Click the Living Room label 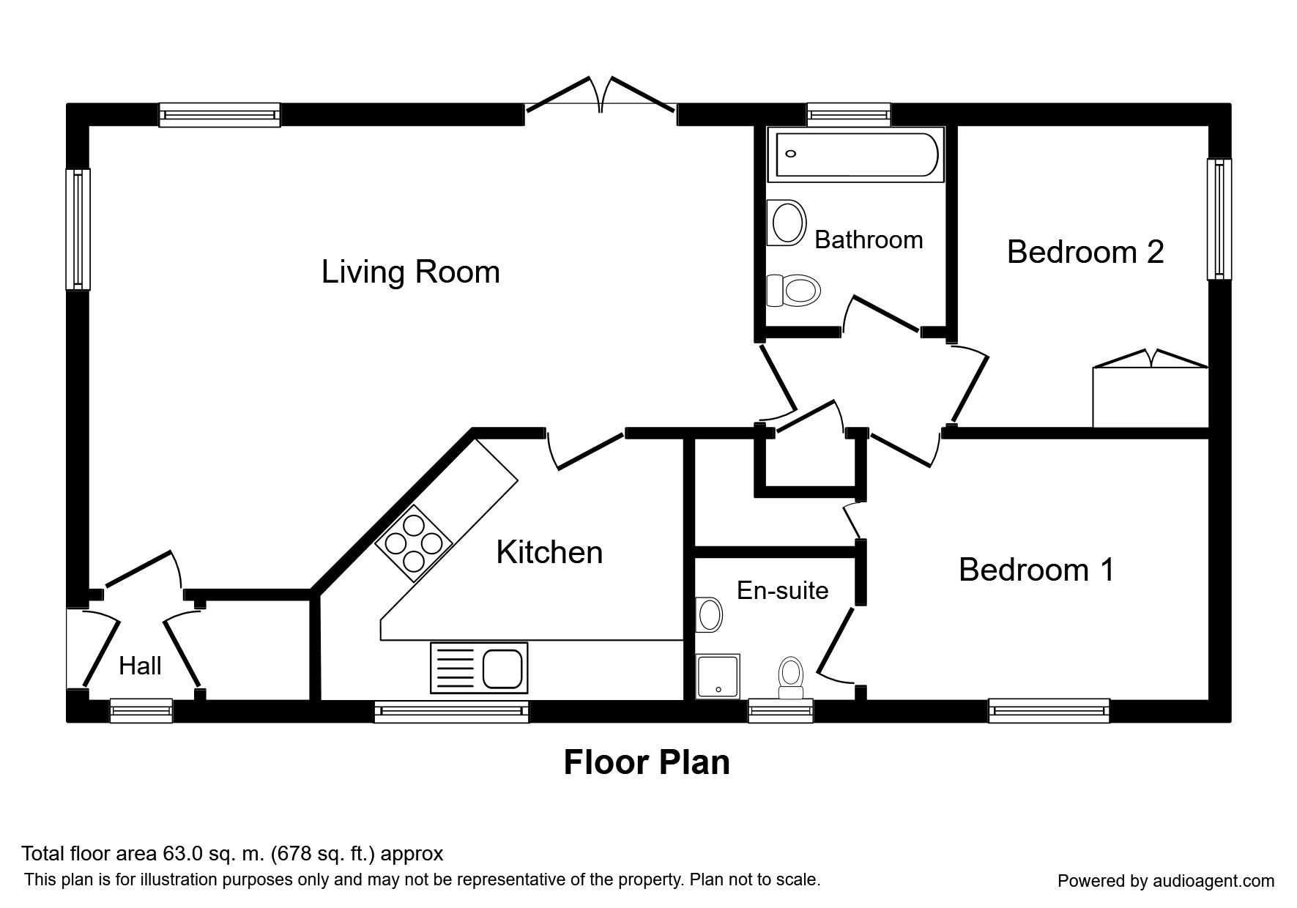click(410, 272)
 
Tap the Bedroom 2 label click(1085, 252)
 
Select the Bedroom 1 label click(1036, 570)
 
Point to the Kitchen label click(549, 552)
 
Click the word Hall click(140, 666)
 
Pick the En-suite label click(782, 590)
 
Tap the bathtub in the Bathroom click(853, 155)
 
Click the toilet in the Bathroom click(792, 291)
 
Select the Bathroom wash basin click(787, 223)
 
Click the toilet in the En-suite click(790, 677)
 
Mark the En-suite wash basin click(709, 614)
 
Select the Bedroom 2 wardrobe click(1150, 392)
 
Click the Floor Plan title click(647, 762)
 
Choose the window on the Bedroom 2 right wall click(1219, 220)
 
